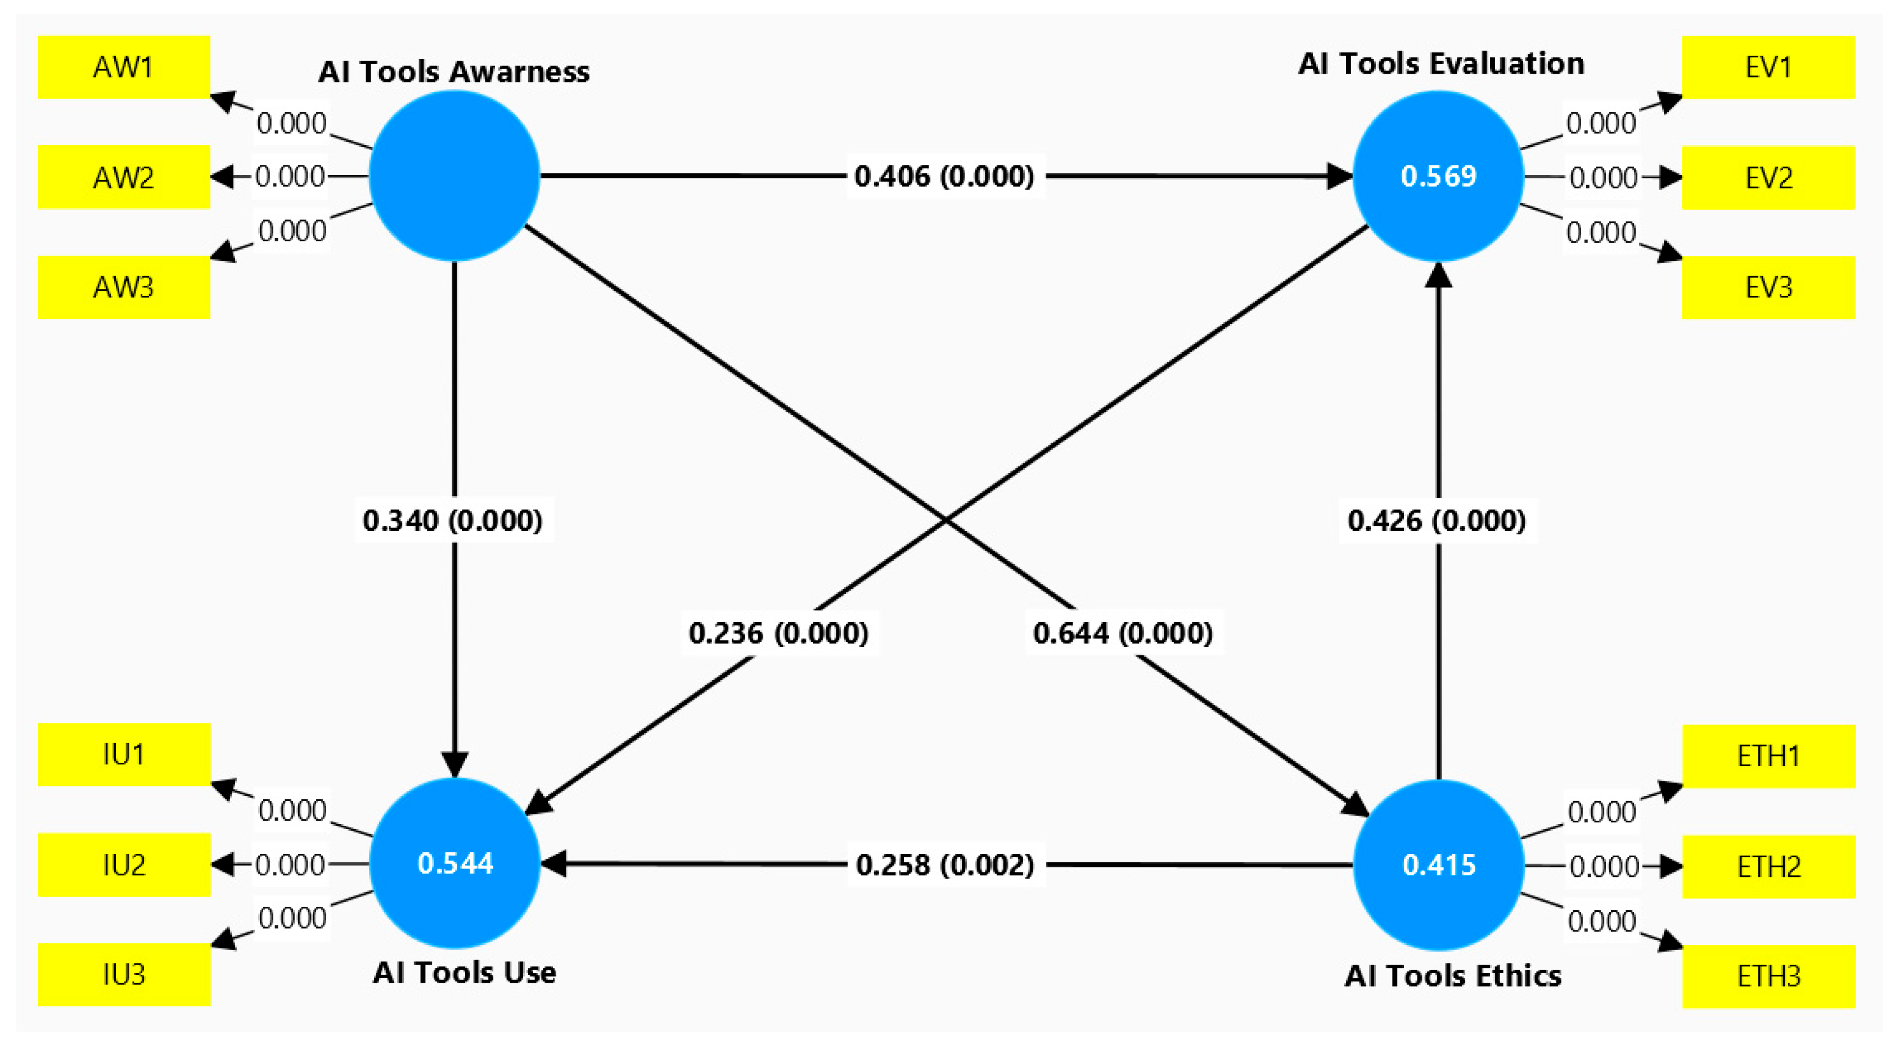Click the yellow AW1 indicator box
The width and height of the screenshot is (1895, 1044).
click(124, 67)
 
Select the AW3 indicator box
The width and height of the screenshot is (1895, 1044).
click(124, 287)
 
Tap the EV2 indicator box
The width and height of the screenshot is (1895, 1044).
click(1768, 177)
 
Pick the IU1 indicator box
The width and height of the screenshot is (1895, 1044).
click(124, 754)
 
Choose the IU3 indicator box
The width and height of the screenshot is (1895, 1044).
click(124, 974)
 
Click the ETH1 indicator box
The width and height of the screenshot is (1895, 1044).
click(1768, 755)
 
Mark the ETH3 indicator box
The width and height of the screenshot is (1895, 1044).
click(1768, 975)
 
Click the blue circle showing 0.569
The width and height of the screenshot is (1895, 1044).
click(1438, 176)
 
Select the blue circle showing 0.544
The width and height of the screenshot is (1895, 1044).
click(454, 863)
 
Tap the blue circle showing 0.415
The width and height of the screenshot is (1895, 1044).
click(1438, 865)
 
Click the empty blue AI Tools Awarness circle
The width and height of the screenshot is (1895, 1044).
click(454, 176)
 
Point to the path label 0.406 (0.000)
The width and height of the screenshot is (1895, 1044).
click(944, 176)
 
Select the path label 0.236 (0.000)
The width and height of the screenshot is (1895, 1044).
click(778, 632)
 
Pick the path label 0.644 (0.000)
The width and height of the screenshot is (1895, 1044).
click(1123, 632)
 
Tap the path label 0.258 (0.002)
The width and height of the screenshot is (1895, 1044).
click(946, 865)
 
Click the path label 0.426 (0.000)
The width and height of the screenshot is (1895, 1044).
click(1437, 520)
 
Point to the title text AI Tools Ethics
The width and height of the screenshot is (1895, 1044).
click(1452, 975)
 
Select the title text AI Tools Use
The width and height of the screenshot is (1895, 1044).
click(464, 973)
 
